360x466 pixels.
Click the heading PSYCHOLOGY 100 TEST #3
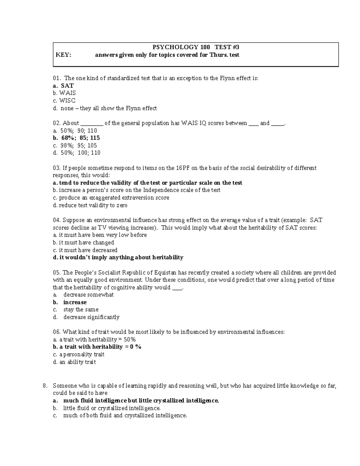[x=196, y=47]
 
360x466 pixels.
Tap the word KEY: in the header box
[x=63, y=55]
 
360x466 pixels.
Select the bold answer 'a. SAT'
[x=63, y=86]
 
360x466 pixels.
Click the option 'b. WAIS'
[x=64, y=93]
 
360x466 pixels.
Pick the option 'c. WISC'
[x=64, y=101]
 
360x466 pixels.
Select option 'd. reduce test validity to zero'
[x=90, y=205]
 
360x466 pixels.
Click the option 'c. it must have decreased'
[x=85, y=250]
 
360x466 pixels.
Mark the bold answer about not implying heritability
[x=118, y=257]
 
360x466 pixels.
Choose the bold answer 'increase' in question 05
[x=75, y=302]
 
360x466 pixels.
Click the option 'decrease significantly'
[x=91, y=317]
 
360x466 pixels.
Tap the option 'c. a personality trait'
[x=79, y=354]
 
